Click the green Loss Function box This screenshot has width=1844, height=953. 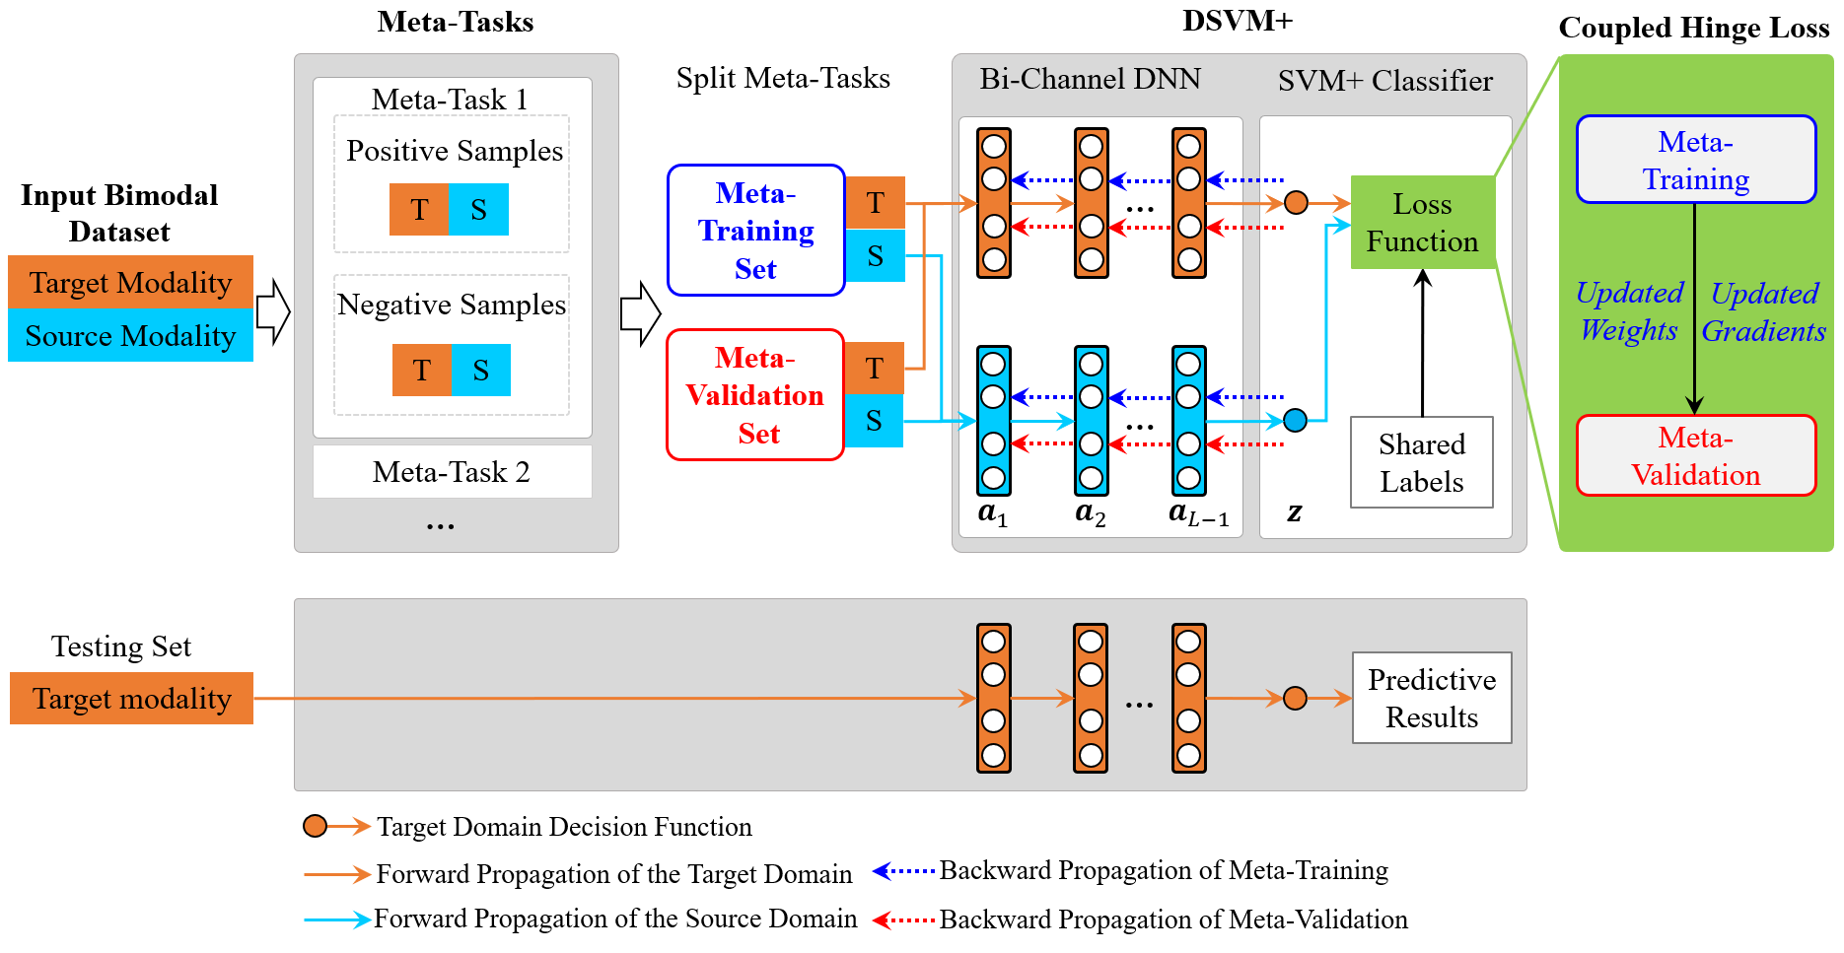coord(1422,223)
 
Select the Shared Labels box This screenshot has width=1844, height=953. coord(1421,462)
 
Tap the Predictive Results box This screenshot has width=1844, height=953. coord(1431,698)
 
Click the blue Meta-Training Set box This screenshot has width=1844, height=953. coord(755,231)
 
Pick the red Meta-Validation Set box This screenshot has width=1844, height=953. coord(755,395)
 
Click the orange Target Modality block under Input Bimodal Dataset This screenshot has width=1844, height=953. coord(130,283)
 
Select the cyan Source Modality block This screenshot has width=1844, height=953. coord(130,336)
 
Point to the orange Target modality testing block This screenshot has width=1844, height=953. coord(131,699)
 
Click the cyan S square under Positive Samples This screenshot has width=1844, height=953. coord(479,210)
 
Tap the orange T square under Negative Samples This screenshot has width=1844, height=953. coord(422,371)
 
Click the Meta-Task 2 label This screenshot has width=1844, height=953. coord(452,472)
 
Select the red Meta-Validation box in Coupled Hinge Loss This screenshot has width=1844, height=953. coord(1695,456)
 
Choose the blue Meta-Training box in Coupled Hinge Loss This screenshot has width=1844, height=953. coord(1695,160)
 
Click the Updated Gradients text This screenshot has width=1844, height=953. coord(1763,311)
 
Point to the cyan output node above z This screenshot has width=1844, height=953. coord(1296,421)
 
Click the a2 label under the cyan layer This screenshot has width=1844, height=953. coord(1091,512)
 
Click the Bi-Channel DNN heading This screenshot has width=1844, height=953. coord(1090,79)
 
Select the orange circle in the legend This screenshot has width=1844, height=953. coord(315,826)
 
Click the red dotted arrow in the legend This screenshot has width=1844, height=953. coord(903,919)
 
